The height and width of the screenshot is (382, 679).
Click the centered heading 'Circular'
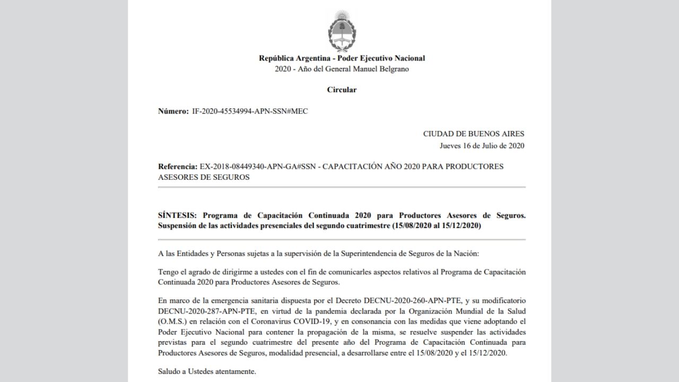342,90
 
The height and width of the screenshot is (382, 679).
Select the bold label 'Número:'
173,111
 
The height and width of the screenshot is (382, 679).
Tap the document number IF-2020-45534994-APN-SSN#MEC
250,111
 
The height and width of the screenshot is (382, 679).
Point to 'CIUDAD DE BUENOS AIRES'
473,134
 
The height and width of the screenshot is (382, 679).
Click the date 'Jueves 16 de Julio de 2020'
482,146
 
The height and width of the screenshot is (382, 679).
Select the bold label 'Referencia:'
178,166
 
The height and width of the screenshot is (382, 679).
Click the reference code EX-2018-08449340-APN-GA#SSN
257,166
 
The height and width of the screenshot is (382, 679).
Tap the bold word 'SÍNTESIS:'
177,215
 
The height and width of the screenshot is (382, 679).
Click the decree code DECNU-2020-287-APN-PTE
199,310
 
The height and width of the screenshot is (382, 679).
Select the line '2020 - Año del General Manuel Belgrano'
342,69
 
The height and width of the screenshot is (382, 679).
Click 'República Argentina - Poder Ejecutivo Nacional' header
342,58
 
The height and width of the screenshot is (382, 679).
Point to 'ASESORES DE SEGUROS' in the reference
204,177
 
